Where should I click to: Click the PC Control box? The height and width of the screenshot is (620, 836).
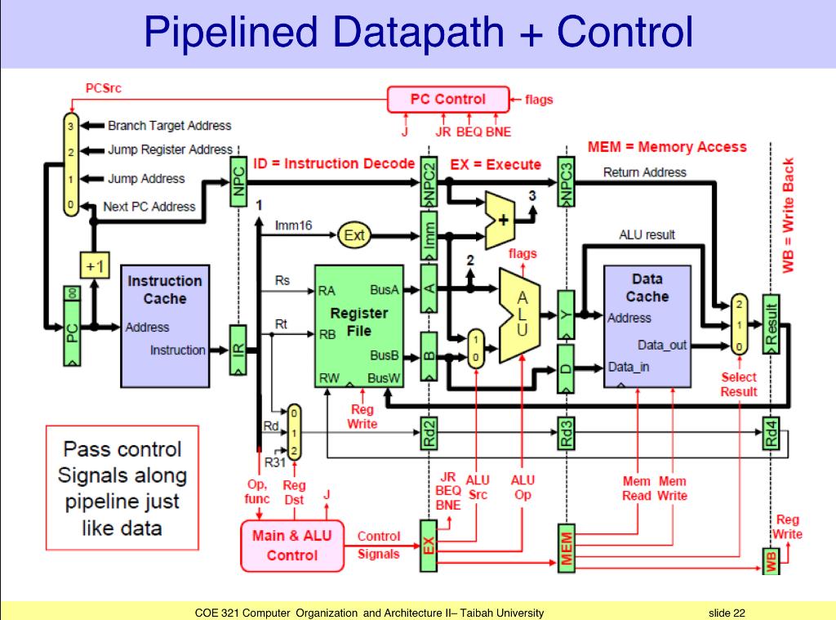tap(447, 100)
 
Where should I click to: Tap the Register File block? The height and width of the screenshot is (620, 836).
tap(359, 324)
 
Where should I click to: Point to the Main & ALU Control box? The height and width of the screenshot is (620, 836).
tap(291, 546)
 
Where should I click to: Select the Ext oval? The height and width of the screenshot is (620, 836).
tap(354, 236)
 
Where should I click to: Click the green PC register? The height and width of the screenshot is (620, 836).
tap(72, 326)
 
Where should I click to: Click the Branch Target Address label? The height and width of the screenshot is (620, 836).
tap(169, 126)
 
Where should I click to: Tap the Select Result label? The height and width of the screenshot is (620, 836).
tap(738, 385)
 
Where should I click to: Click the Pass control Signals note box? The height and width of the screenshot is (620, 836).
tap(122, 488)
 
